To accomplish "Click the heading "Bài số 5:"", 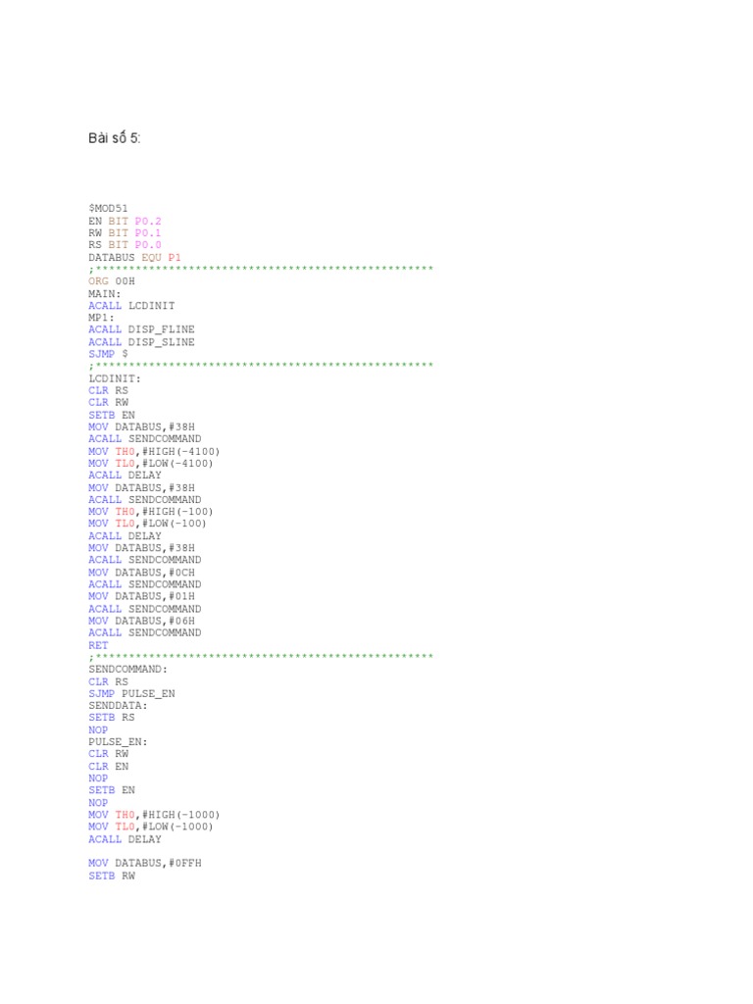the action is point(115,138).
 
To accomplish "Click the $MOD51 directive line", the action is point(108,209).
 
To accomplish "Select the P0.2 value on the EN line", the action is point(148,221).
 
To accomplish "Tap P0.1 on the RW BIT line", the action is point(148,232).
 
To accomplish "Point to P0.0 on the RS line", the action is point(148,245).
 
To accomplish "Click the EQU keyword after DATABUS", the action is point(152,257).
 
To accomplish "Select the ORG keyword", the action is point(98,281).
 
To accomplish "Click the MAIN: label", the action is point(105,293).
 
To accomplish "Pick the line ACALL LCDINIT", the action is point(131,306).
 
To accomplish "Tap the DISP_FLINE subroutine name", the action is point(161,329).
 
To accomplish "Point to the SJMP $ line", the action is point(108,354).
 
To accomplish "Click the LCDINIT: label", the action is point(115,378).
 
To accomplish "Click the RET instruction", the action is point(98,645).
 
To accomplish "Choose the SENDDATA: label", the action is point(118,705).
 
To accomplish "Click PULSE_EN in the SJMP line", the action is point(148,693).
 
